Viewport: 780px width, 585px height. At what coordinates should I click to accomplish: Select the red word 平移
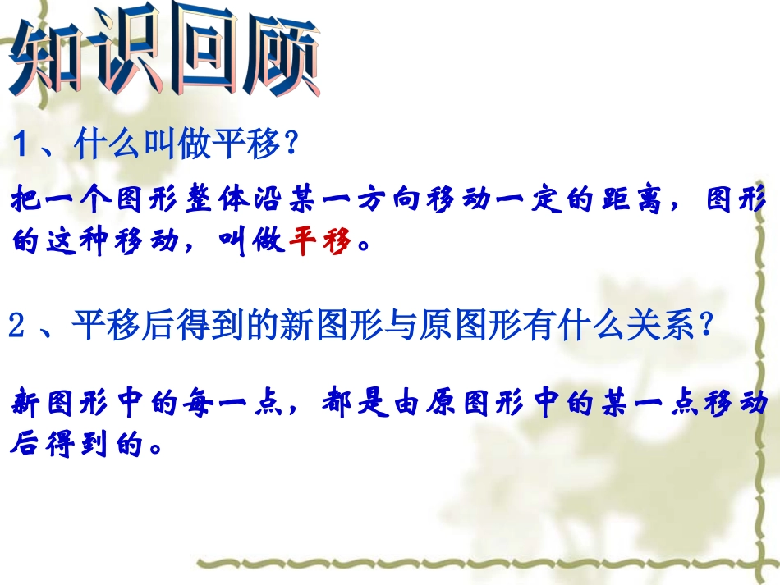321,242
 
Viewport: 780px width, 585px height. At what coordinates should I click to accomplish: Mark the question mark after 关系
702,327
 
